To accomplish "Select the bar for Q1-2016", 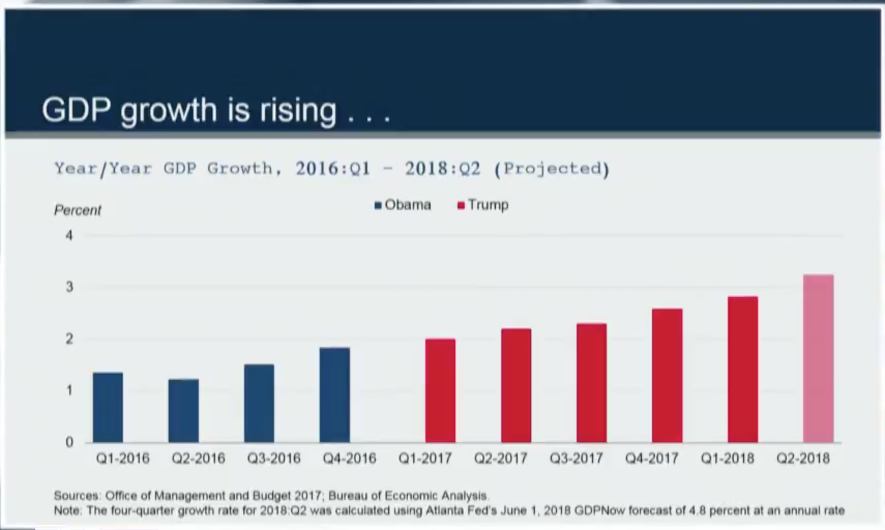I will [108, 407].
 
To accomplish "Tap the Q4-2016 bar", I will [334, 395].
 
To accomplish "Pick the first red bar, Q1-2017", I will [440, 391].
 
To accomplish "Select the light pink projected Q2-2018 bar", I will [818, 358].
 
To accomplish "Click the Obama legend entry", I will [403, 205].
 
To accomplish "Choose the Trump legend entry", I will [483, 205].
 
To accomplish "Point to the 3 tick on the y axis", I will [69, 287].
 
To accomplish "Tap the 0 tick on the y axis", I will [69, 442].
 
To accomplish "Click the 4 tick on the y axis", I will [69, 236].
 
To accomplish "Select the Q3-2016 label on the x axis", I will [274, 459].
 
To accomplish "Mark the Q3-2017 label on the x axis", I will [576, 459].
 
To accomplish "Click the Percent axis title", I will [78, 210].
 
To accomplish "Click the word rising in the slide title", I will [298, 110].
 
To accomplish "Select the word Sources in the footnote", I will [76, 496].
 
